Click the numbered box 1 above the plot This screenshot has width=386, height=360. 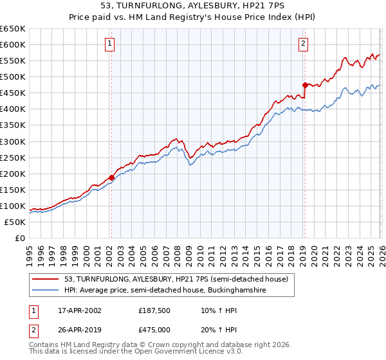(x=110, y=44)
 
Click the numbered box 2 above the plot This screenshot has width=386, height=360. (x=303, y=44)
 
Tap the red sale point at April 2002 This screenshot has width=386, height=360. (x=111, y=177)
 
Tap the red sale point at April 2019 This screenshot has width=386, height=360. (x=304, y=84)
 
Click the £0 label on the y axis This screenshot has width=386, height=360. (x=19, y=238)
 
